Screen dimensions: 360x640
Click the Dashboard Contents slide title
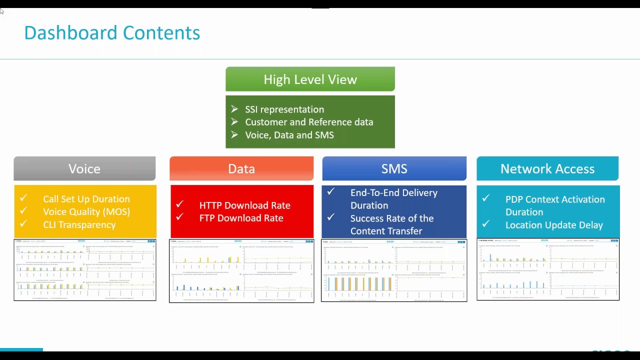(x=112, y=33)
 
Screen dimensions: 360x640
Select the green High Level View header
(x=310, y=79)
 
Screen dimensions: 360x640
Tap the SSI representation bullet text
(x=284, y=109)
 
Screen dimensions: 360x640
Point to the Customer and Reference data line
(x=309, y=122)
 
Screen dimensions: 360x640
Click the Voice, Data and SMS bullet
(x=289, y=135)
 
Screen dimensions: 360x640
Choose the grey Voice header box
(x=84, y=168)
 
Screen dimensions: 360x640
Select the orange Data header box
(x=241, y=168)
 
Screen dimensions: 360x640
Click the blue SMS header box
(x=394, y=168)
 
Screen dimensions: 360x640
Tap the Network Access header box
(x=547, y=168)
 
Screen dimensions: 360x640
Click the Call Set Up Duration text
(x=86, y=199)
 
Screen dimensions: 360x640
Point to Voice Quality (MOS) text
(x=86, y=211)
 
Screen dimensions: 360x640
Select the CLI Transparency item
(x=79, y=224)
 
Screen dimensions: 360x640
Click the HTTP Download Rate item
(x=244, y=205)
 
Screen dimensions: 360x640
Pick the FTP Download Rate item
(x=241, y=218)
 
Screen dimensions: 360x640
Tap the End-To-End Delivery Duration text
(x=393, y=199)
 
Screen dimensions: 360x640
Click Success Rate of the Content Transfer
(x=391, y=224)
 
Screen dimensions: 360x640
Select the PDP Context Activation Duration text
(x=554, y=205)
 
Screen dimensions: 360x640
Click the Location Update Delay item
(x=554, y=225)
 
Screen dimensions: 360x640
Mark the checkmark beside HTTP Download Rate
(x=179, y=204)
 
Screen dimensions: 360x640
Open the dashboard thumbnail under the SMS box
(x=394, y=270)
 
